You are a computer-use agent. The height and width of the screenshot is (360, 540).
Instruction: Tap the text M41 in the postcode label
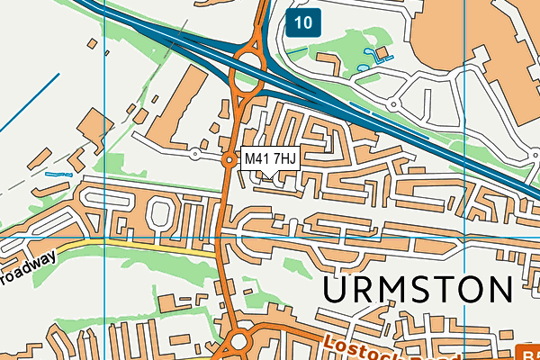(x=257, y=159)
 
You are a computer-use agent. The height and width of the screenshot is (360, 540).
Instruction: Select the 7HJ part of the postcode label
(x=283, y=159)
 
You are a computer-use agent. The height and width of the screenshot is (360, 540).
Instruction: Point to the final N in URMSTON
(x=499, y=292)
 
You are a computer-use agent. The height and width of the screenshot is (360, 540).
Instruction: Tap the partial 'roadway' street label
(x=27, y=267)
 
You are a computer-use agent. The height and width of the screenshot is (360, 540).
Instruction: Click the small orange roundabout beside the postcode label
(x=229, y=159)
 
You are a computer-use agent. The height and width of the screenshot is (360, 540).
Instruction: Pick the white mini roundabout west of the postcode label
(x=194, y=155)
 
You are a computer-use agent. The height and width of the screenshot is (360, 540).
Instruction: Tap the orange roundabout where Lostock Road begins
(x=239, y=341)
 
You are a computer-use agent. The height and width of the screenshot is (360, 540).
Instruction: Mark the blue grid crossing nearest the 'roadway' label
(x=105, y=236)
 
